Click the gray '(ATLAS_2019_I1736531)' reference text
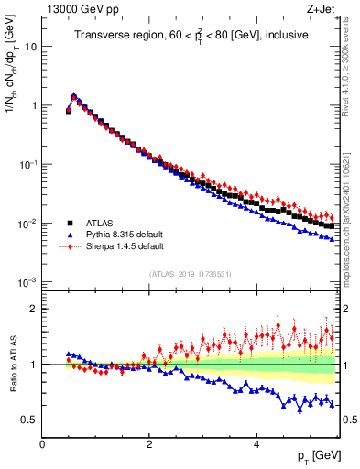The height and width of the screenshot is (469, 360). click(191, 274)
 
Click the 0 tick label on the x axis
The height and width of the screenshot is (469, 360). click(42, 444)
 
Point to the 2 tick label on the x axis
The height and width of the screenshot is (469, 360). click(149, 444)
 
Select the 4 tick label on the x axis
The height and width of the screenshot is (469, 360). click(256, 444)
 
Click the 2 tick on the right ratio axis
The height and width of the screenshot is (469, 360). click(346, 309)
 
